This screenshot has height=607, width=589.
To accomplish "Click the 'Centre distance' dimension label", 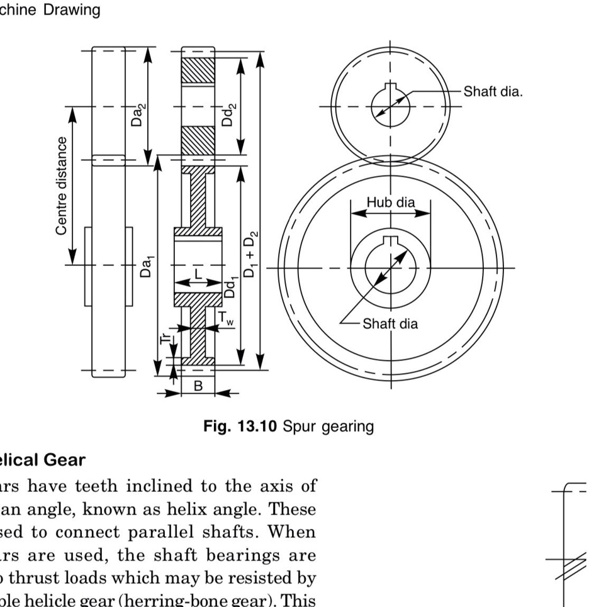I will coord(61,186).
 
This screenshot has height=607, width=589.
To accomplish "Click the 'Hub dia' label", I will coord(391,203).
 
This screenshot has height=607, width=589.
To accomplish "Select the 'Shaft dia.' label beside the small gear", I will coord(493,92).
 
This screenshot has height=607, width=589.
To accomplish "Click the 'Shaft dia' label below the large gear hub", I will coord(390,324).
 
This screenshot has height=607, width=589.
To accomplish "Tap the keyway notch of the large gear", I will coord(391,239).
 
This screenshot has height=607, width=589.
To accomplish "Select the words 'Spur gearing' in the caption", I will coord(328,426).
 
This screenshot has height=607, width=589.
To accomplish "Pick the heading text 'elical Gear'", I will coord(42,460).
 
